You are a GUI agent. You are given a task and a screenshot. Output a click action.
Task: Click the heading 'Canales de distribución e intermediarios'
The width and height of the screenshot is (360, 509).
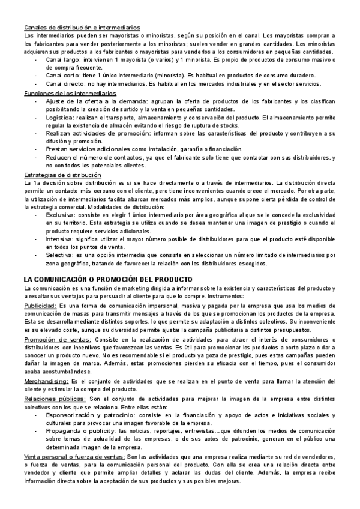[82, 28]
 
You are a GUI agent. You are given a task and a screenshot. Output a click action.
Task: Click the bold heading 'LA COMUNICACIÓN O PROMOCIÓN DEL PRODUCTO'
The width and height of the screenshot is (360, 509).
[108, 279]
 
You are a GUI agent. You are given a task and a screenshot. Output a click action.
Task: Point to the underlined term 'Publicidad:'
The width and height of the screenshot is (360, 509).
[40, 306]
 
